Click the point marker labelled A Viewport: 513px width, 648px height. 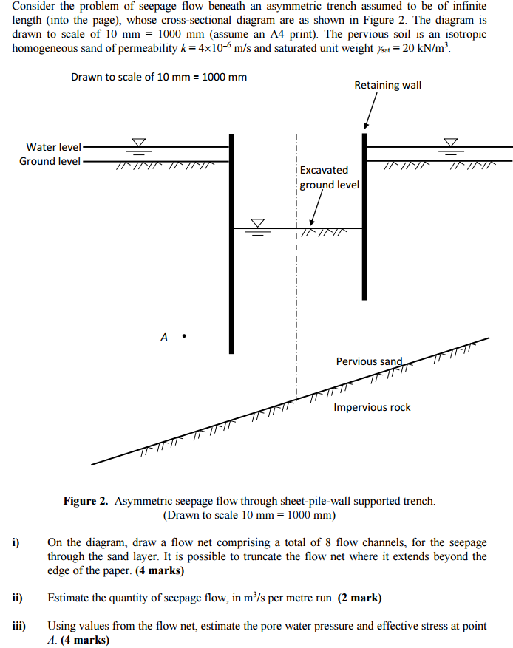coord(184,336)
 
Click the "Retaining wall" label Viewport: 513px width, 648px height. coord(388,85)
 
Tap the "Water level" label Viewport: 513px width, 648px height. coord(54,147)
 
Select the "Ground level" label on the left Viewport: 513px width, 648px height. coord(50,161)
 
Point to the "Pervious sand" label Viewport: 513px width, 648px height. coord(369,361)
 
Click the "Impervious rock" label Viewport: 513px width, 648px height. coord(372,407)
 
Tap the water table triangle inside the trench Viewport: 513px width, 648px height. coord(258,223)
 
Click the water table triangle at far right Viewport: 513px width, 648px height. coord(451,142)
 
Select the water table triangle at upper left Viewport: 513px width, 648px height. coord(139,142)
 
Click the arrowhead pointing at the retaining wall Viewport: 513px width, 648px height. coord(366,126)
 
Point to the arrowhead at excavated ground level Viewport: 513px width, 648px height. coord(312,222)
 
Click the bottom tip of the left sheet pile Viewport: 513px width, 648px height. coord(231,353)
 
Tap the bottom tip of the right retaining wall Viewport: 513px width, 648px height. coord(364,299)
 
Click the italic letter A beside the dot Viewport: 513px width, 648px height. coord(164,337)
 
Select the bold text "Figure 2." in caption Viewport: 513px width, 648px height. coord(86,501)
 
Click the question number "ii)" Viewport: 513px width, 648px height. coord(17,598)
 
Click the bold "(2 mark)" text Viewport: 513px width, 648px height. coord(360,598)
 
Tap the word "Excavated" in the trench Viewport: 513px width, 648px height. coord(324,170)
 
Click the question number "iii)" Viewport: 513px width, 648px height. coord(19,626)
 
